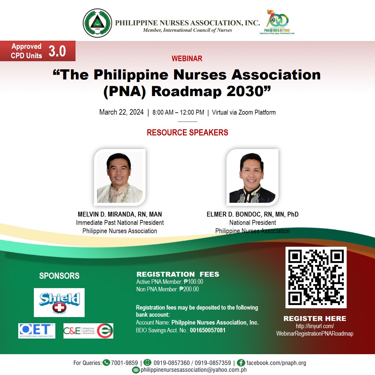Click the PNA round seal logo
[97, 23]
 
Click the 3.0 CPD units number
[57, 51]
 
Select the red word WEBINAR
[187, 59]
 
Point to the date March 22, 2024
[121, 112]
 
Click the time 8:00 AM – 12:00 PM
[178, 113]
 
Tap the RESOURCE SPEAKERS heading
[187, 132]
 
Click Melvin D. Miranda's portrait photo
[120, 177]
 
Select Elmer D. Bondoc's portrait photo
[252, 177]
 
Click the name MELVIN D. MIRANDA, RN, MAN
[120, 214]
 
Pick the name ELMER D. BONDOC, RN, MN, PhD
[252, 214]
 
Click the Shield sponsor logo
[59, 302]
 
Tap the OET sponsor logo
[37, 331]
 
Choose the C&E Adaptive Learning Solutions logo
[88, 331]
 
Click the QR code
[316, 277]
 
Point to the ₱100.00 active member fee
[193, 282]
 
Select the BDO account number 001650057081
[208, 330]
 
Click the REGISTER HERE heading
[315, 318]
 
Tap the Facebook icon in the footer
[241, 363]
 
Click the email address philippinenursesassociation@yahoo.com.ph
[193, 370]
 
